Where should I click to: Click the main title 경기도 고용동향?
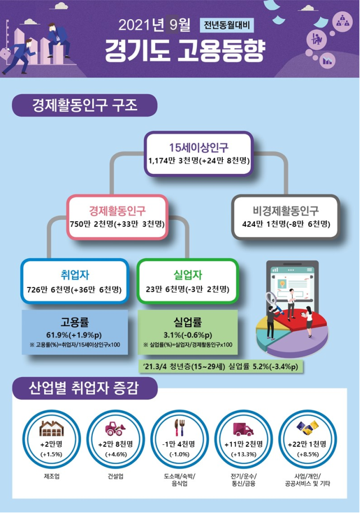click(x=185, y=51)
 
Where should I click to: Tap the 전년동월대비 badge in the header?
click(x=227, y=25)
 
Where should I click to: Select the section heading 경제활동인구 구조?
click(x=84, y=105)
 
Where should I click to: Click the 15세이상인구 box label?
click(x=199, y=147)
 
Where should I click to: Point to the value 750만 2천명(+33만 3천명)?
click(x=117, y=224)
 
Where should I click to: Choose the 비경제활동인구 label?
click(x=286, y=211)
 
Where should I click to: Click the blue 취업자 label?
click(x=75, y=275)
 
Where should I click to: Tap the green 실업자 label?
click(x=187, y=275)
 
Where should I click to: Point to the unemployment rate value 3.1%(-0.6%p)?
click(x=188, y=335)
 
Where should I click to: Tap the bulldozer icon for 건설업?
click(x=115, y=429)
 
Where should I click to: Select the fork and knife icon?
click(x=179, y=427)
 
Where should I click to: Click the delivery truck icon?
click(x=243, y=429)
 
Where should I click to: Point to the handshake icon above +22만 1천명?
click(x=307, y=428)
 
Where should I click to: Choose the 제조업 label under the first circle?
click(x=52, y=476)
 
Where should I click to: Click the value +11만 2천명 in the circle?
click(x=244, y=444)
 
